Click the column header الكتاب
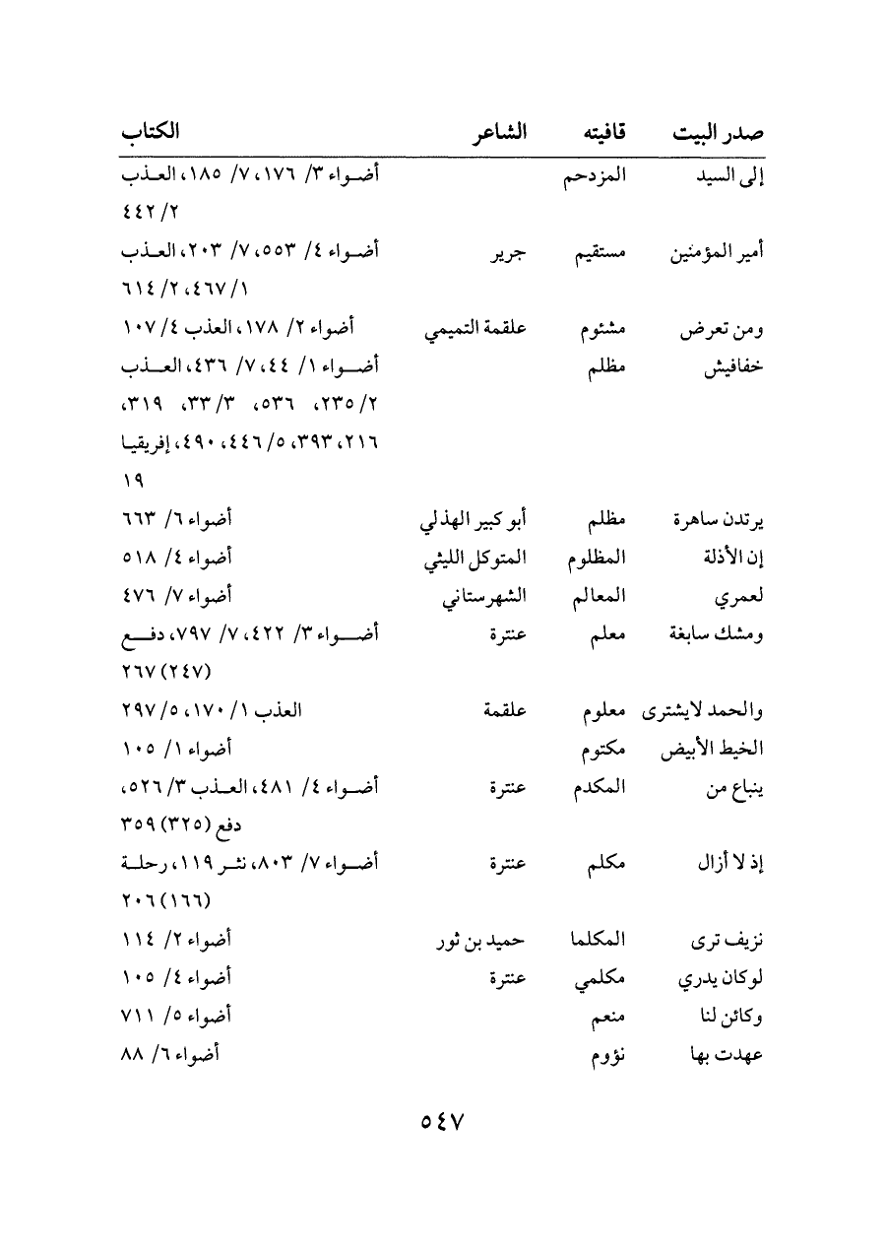pyautogui.click(x=152, y=132)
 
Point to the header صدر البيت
pyautogui.click(x=718, y=133)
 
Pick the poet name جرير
pyautogui.click(x=508, y=252)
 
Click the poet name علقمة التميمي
pyautogui.click(x=476, y=328)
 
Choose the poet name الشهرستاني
pyautogui.click(x=484, y=596)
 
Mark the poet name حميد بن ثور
pyautogui.click(x=482, y=941)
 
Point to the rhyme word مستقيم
pyautogui.click(x=597, y=252)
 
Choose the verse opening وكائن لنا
pyautogui.click(x=730, y=1017)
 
